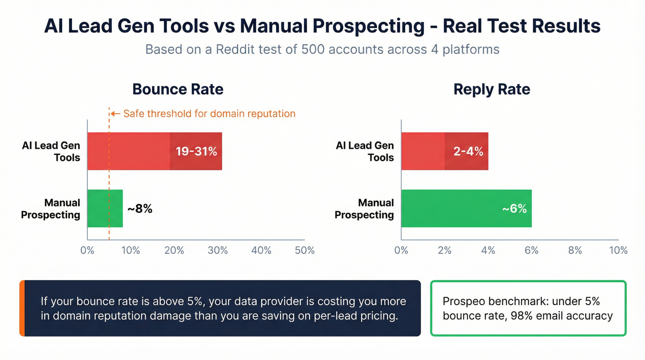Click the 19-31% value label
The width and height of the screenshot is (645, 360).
(x=196, y=151)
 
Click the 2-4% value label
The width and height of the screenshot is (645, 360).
(x=468, y=151)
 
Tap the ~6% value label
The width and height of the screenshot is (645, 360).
(x=514, y=209)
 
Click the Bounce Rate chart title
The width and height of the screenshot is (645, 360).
(x=178, y=89)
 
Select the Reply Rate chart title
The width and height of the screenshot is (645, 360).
(x=492, y=89)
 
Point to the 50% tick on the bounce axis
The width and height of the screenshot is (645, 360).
(x=305, y=250)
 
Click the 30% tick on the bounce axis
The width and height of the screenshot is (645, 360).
(x=217, y=250)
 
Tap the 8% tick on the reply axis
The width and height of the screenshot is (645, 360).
(x=575, y=250)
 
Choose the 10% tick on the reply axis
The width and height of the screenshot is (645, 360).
(x=618, y=250)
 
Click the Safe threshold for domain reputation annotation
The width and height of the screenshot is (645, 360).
(x=209, y=113)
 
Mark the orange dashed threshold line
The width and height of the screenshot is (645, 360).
(x=109, y=184)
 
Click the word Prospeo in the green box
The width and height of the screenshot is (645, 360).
(x=462, y=301)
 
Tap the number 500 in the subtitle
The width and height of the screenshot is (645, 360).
(x=314, y=49)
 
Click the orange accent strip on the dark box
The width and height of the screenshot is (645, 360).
(x=22, y=308)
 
